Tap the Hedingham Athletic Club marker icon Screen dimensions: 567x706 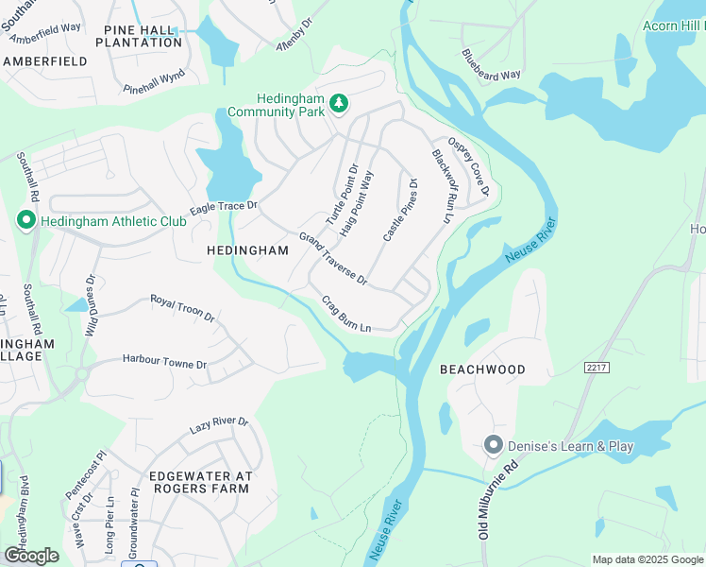click(x=25, y=221)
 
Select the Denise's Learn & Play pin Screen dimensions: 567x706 click(x=492, y=445)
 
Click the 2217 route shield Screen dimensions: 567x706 click(x=597, y=367)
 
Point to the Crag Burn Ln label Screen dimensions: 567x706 click(x=346, y=315)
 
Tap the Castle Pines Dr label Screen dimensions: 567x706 click(x=401, y=209)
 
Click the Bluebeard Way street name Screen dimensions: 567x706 click(x=491, y=64)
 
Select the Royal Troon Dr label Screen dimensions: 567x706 click(x=183, y=309)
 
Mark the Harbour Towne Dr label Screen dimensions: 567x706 click(x=164, y=362)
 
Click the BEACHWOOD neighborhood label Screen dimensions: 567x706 click(x=482, y=369)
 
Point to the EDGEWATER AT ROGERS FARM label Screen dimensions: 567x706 click(x=199, y=481)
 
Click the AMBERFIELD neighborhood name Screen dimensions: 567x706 click(x=45, y=60)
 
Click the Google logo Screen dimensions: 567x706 click(x=30, y=556)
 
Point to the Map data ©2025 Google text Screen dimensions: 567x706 click(x=647, y=559)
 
